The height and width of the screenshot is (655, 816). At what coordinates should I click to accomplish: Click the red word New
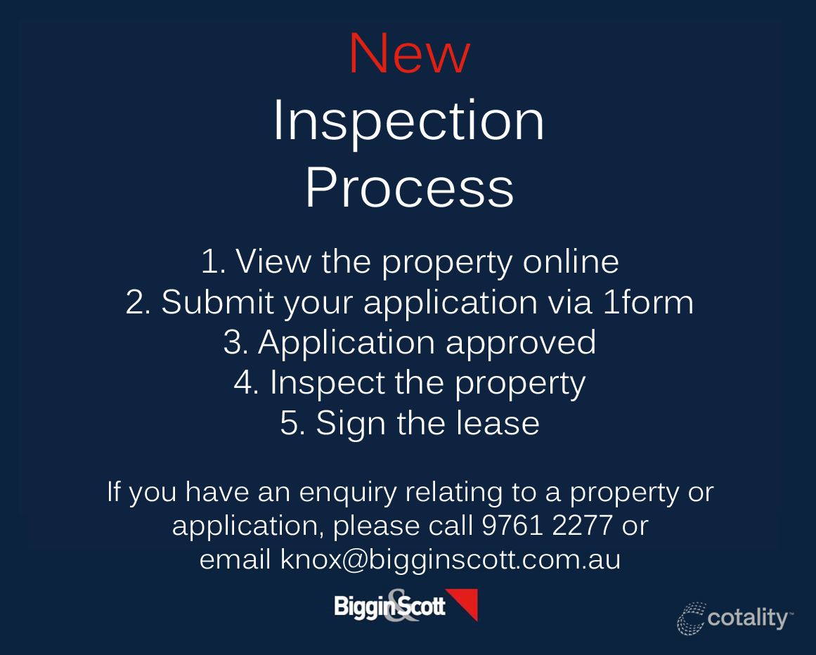[409, 54]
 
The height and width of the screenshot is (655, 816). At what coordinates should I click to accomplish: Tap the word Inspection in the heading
[408, 122]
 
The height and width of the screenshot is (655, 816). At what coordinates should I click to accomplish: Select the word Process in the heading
[409, 188]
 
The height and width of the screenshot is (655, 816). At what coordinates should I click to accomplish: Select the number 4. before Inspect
[247, 383]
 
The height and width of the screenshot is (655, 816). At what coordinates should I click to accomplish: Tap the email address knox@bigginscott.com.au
[450, 560]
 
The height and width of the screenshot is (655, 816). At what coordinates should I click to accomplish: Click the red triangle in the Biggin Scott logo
[465, 602]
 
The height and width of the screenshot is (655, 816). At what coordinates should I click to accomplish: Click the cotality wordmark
[749, 618]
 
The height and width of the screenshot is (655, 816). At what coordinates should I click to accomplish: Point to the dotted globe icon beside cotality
[691, 618]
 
